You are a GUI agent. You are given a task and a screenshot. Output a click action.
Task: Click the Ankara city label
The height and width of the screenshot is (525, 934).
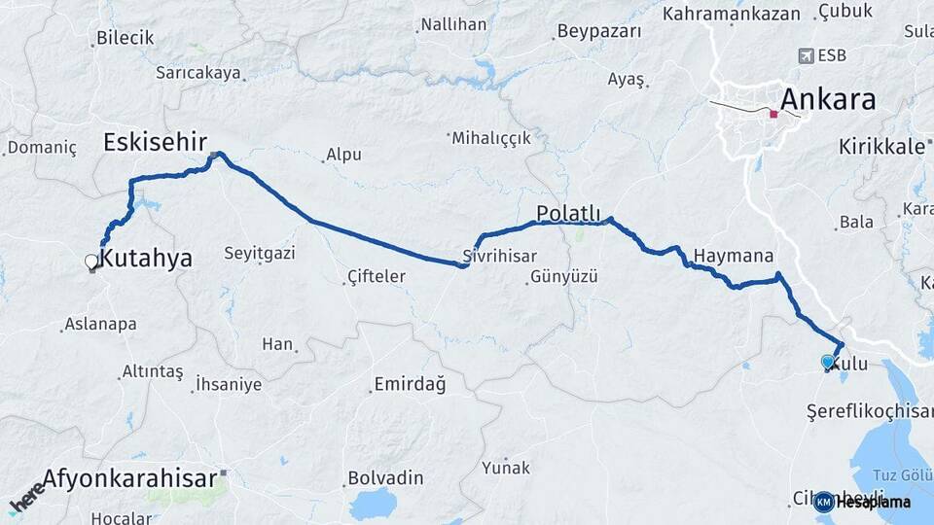click(828, 99)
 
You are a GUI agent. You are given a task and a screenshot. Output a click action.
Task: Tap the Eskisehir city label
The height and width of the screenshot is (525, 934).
click(155, 143)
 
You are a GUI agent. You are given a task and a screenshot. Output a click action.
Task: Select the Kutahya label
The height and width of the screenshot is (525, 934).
click(146, 258)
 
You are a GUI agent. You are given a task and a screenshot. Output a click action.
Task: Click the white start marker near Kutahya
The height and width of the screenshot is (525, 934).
click(91, 261)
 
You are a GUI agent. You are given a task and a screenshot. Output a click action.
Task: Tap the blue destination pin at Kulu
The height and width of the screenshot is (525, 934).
click(828, 362)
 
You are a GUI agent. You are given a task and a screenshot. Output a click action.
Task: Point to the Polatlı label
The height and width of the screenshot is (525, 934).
click(570, 213)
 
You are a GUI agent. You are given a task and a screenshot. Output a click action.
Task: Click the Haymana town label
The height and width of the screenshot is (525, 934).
click(734, 257)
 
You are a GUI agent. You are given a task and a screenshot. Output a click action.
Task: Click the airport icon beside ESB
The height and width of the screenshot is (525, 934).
click(806, 55)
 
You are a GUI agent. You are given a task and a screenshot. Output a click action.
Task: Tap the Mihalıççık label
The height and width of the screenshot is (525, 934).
click(491, 138)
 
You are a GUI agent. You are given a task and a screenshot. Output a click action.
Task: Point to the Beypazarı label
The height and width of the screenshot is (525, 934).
click(600, 31)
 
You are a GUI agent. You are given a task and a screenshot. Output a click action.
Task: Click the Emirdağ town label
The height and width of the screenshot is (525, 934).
click(410, 385)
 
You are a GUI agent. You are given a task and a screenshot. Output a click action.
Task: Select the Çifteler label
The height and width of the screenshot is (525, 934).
click(377, 277)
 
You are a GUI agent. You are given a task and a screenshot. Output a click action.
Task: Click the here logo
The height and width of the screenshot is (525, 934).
click(27, 495)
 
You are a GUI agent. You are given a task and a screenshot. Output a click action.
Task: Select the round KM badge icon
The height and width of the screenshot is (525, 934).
click(823, 502)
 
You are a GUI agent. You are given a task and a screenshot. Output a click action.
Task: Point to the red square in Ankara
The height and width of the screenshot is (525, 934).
click(773, 114)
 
